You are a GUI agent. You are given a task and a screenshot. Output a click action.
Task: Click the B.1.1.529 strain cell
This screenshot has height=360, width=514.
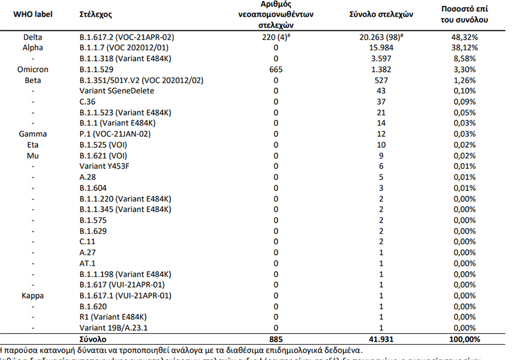coord(101,70)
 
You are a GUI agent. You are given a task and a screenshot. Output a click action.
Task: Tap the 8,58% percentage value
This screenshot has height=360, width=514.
coord(465,58)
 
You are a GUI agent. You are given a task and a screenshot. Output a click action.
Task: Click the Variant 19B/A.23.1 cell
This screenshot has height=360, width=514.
coord(117,328)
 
